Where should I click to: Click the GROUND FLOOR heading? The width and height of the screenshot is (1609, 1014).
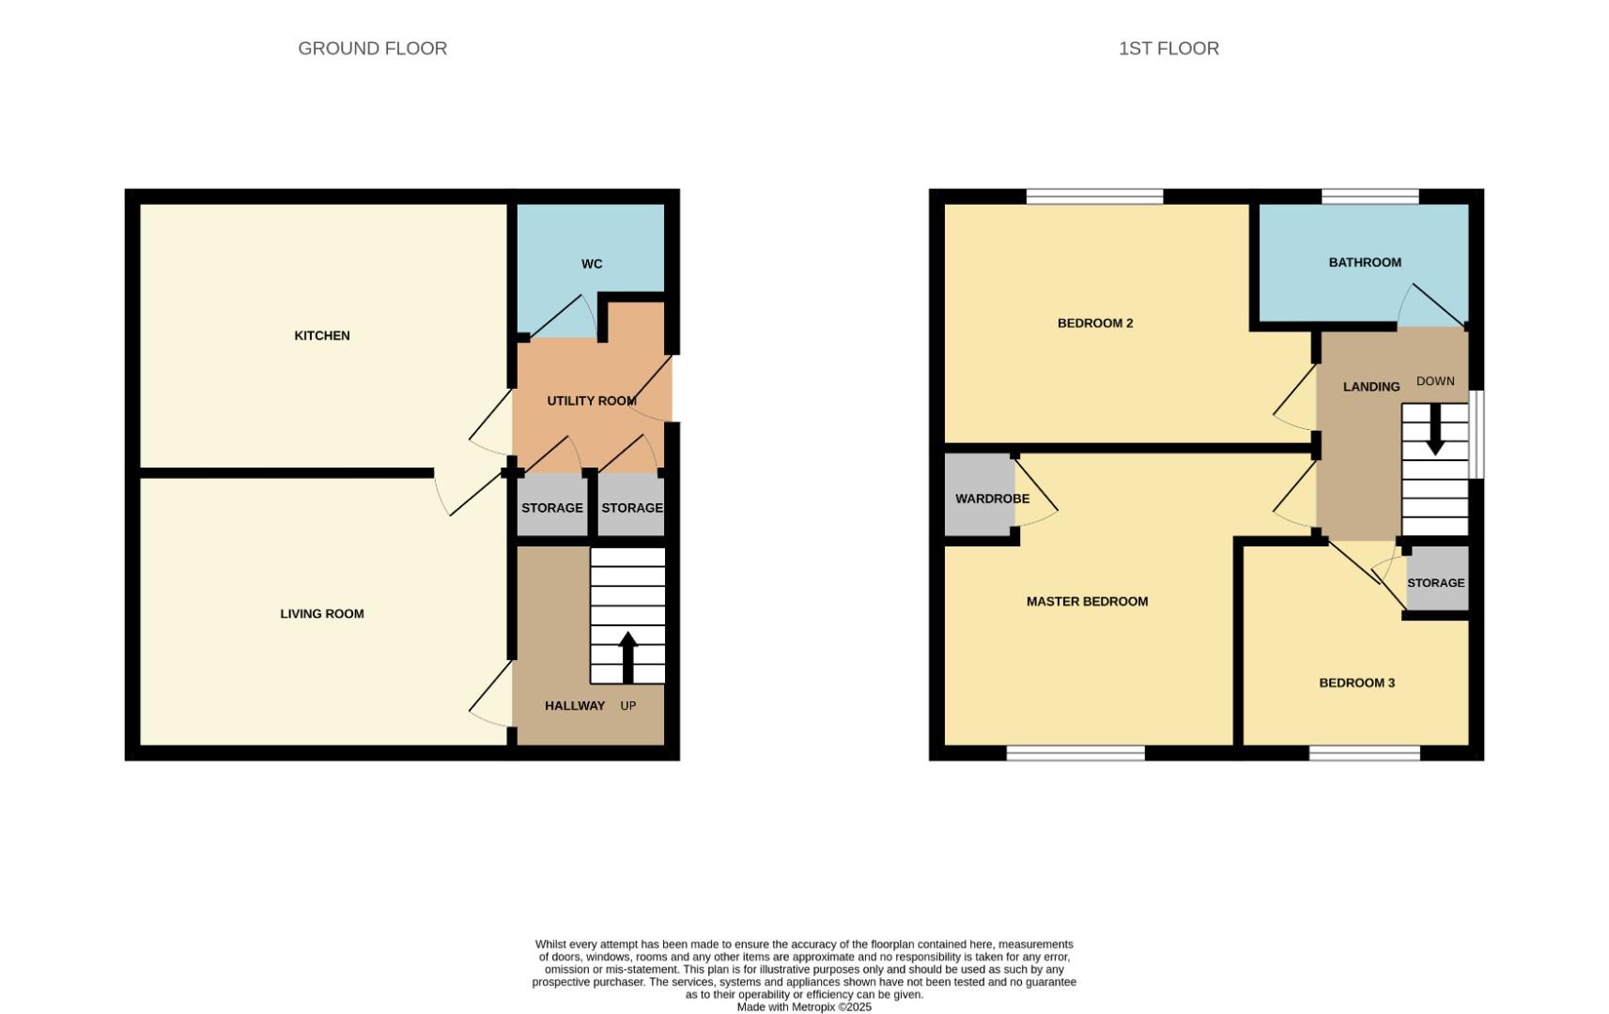[x=372, y=49]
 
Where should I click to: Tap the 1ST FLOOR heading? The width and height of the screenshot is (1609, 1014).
[x=1168, y=49]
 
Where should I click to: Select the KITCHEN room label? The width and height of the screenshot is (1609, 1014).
[x=322, y=335]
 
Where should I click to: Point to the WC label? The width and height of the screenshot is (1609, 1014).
[x=592, y=264]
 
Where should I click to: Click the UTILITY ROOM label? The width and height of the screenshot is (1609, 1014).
[x=592, y=401]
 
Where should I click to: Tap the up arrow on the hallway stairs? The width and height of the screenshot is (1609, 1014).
[x=628, y=656]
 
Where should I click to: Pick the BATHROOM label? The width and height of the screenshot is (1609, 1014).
[x=1365, y=263]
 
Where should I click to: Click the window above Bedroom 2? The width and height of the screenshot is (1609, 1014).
[x=1094, y=196]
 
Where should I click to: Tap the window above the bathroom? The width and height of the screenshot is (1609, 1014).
[x=1369, y=196]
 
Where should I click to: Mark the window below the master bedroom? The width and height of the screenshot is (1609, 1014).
[x=1075, y=753]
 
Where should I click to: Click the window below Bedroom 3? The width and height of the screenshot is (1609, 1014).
[x=1365, y=753]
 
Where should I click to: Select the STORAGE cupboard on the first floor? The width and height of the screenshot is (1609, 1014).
[x=1436, y=583]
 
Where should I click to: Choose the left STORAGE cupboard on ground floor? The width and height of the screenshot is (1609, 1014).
[x=552, y=508]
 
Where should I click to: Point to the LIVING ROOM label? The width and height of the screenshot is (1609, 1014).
[x=322, y=614]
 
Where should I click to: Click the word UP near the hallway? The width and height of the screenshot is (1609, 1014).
[x=628, y=706]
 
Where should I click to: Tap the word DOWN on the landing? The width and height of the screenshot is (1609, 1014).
[x=1435, y=381]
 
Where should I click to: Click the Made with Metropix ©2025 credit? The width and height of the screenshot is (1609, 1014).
[x=804, y=1007]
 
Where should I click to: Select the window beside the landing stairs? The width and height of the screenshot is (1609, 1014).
[x=1477, y=435]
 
